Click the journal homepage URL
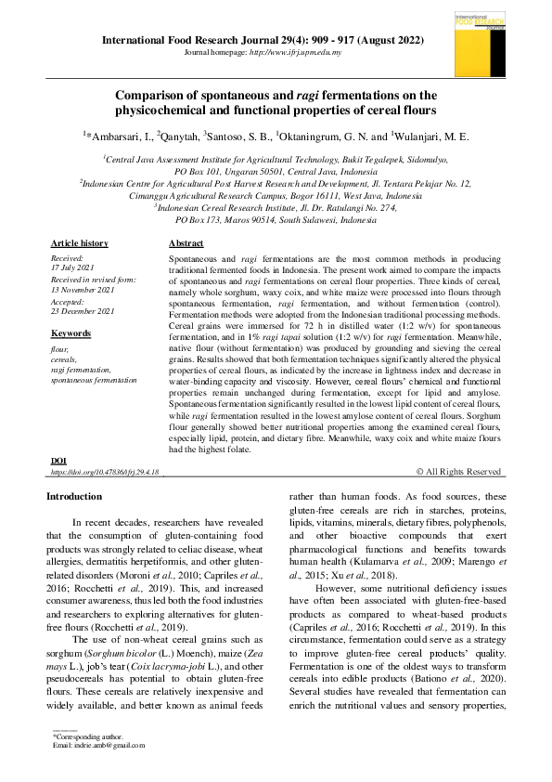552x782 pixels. [x=292, y=53]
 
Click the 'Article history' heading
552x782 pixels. [x=79, y=243]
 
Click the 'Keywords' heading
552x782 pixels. [x=71, y=332]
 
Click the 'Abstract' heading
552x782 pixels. [x=186, y=243]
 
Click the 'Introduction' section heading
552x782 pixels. [x=74, y=497]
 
